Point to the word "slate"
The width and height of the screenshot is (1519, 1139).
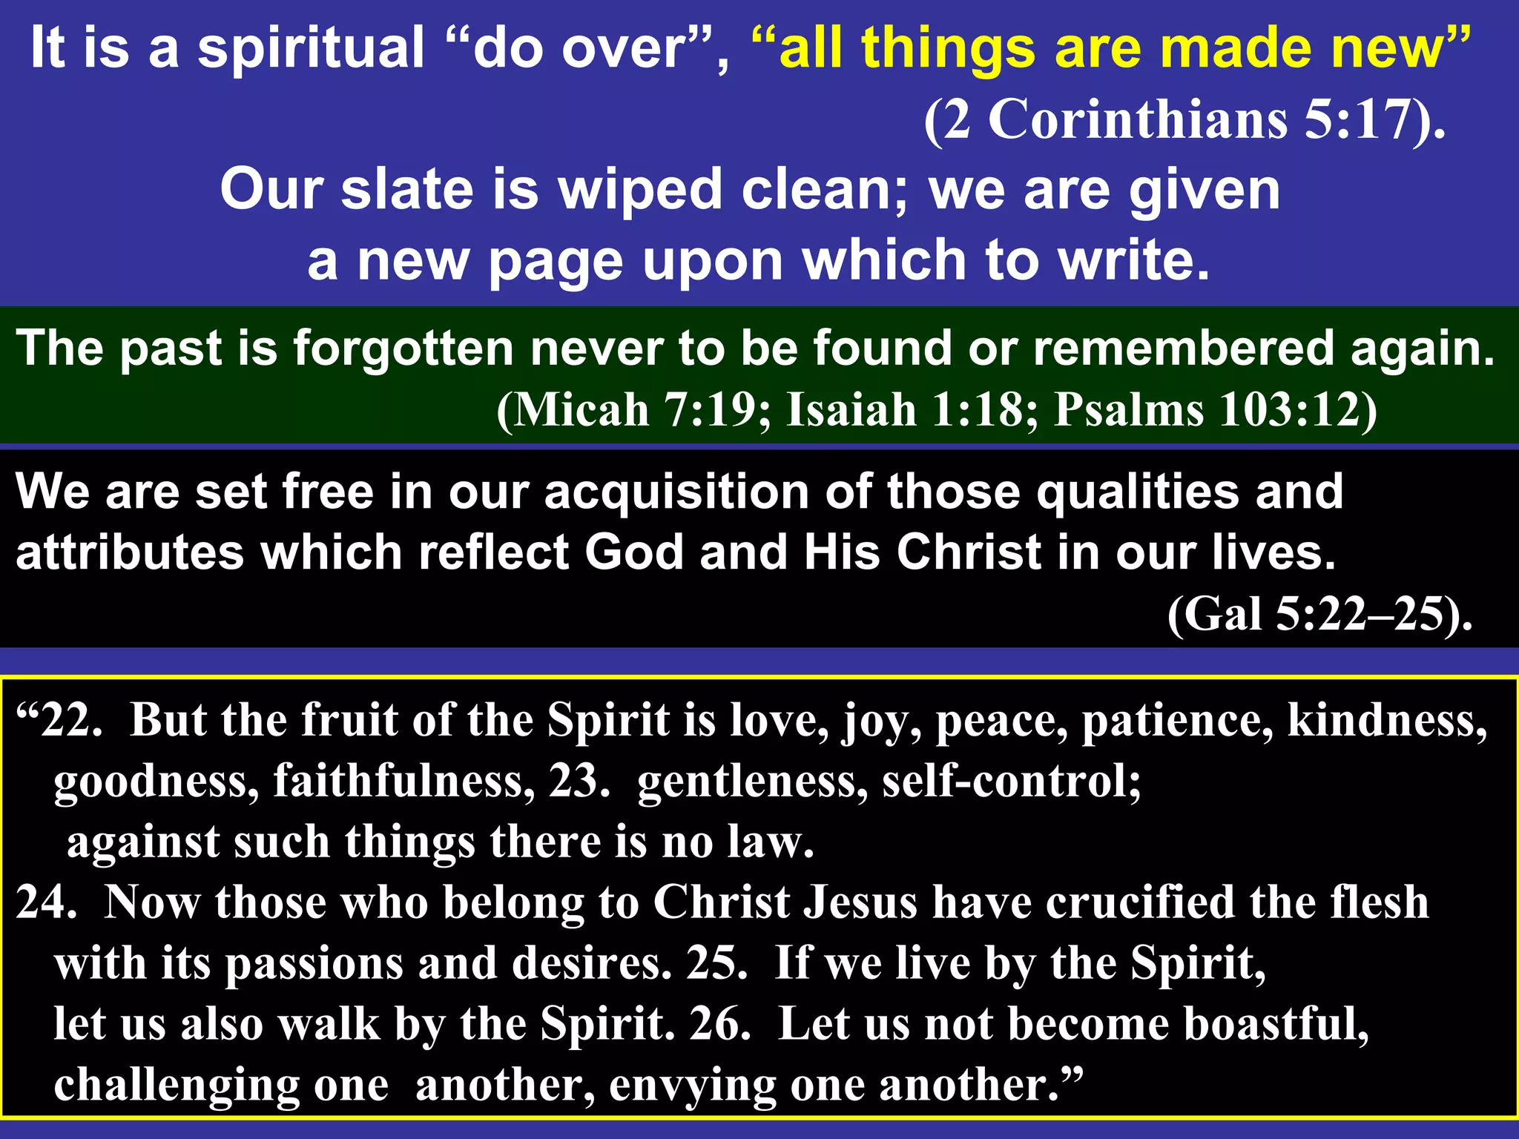point(406,190)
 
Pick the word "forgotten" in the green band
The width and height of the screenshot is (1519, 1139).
point(403,349)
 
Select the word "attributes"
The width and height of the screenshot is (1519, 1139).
point(131,553)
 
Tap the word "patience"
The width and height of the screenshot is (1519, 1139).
point(1178,721)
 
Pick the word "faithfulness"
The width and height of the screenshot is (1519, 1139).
point(403,782)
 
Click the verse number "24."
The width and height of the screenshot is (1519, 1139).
point(46,903)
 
